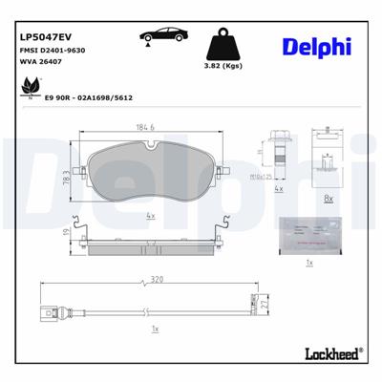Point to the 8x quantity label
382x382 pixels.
coord(328,199)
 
